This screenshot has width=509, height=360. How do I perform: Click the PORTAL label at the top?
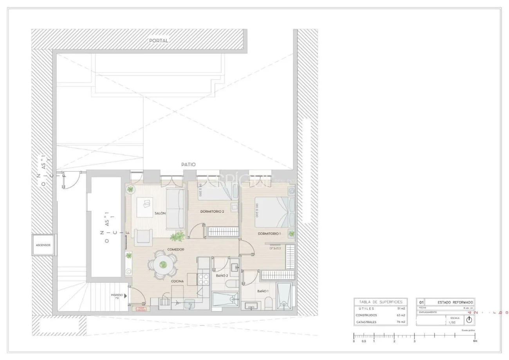point(159,41)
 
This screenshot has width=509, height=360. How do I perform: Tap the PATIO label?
point(188,165)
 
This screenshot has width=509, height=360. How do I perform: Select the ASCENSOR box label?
point(43,245)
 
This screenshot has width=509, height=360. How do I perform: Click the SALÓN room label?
point(160,213)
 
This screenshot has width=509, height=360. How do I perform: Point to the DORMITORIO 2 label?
point(212,212)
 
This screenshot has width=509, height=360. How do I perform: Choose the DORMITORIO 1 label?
point(269,234)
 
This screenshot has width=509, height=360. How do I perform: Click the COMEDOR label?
point(175,250)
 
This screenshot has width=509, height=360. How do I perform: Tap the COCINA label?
point(177,281)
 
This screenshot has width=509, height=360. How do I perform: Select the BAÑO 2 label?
point(222,276)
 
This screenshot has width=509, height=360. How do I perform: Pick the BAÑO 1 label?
point(263,291)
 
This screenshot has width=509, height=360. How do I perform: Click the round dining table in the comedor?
point(162,265)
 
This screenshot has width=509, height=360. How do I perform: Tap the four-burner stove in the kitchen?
point(204,279)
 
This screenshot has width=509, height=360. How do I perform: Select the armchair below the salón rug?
point(143,237)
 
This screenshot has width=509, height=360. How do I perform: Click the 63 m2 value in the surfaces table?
point(401,315)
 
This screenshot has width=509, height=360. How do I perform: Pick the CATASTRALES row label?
point(366,322)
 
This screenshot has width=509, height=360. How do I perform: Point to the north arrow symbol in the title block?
point(469,320)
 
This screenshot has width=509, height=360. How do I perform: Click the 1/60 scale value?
point(452,322)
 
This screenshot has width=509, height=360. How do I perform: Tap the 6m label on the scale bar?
point(475,341)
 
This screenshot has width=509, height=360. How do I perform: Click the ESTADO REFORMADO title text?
point(449,302)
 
